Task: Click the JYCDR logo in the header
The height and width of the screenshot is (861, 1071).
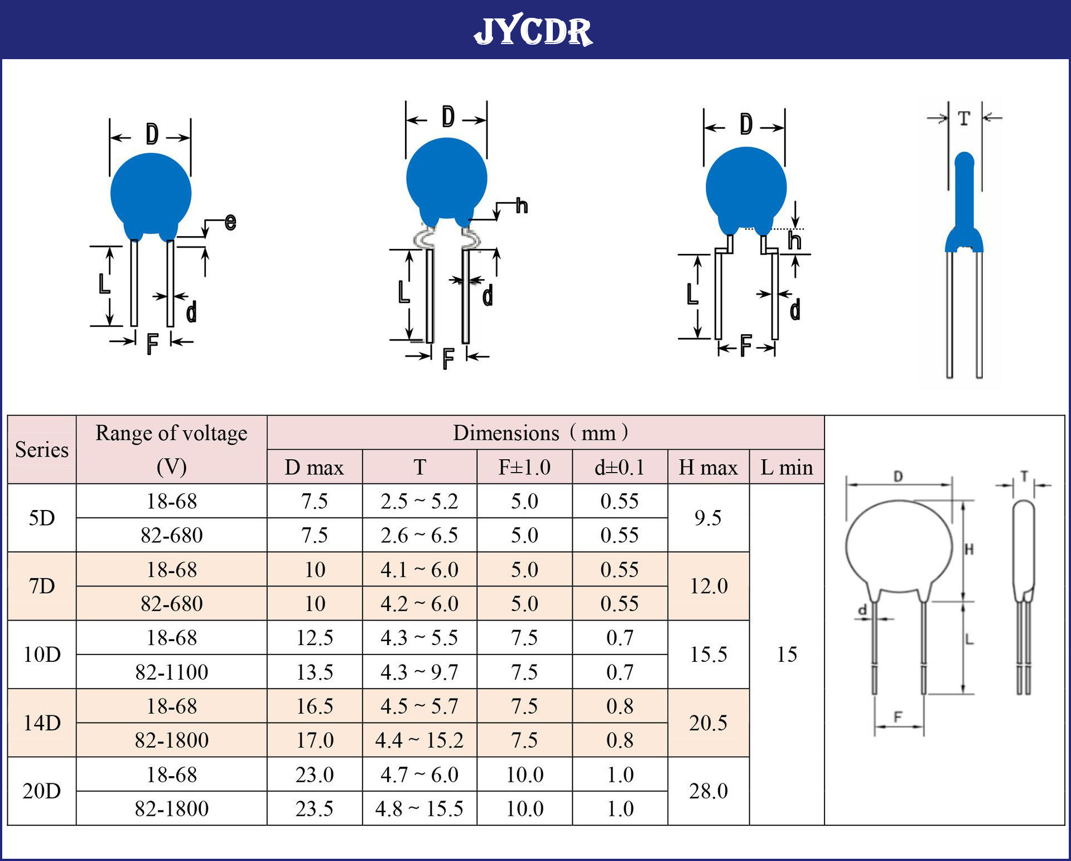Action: click(x=533, y=31)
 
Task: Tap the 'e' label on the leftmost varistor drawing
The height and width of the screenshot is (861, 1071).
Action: click(x=230, y=222)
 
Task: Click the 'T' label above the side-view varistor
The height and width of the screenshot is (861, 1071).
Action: click(x=964, y=118)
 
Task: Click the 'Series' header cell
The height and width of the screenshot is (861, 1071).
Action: click(x=42, y=450)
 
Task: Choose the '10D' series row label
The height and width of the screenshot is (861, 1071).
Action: click(x=42, y=655)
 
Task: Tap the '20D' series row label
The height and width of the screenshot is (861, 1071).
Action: click(x=42, y=791)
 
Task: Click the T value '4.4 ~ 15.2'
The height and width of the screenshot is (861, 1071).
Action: click(x=419, y=740)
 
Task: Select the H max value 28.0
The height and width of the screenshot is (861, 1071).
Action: click(x=708, y=791)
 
